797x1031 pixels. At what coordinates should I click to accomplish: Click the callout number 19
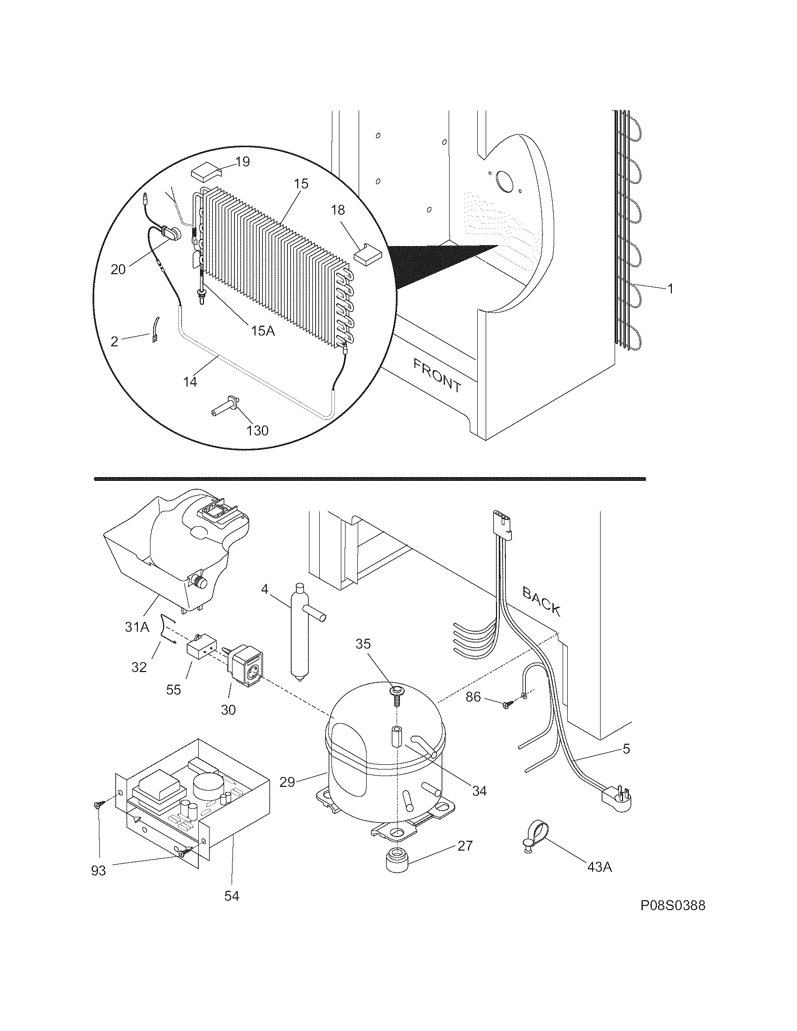(242, 162)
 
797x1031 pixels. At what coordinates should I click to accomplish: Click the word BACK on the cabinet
(541, 600)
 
